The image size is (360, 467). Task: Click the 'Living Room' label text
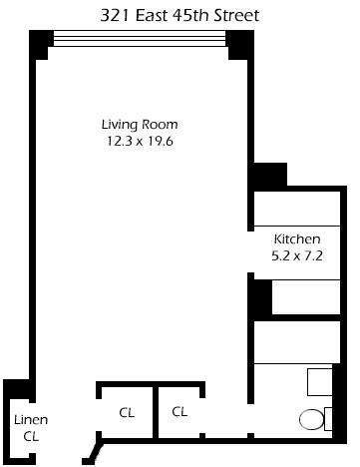click(x=141, y=124)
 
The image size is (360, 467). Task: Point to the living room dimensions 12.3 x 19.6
click(x=141, y=141)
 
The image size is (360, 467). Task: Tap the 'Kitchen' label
click(x=297, y=239)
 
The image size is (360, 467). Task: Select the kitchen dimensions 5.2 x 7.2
click(x=297, y=255)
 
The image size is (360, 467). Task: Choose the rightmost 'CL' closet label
click(x=180, y=411)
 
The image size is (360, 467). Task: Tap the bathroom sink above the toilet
click(x=320, y=383)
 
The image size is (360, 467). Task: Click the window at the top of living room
click(x=141, y=38)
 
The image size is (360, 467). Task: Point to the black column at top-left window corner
click(x=40, y=44)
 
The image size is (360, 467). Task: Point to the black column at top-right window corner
click(x=239, y=44)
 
